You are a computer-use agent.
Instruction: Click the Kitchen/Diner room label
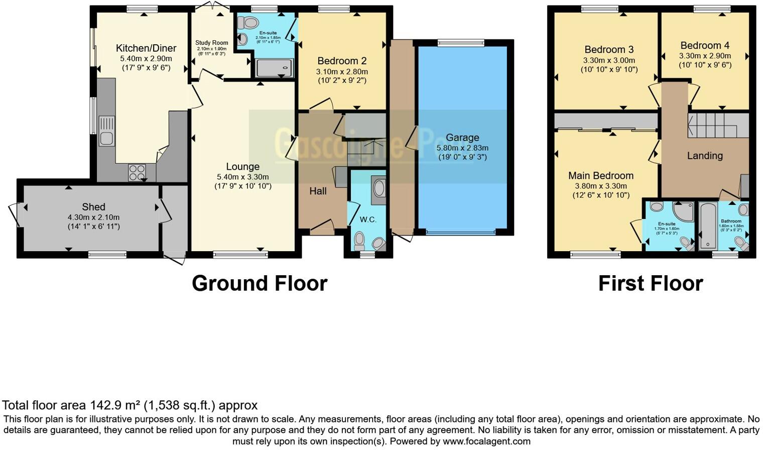tap(146, 48)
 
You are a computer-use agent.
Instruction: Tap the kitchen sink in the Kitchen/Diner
tap(107, 131)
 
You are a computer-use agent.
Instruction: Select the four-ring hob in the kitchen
tap(137, 172)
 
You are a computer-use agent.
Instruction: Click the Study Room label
tap(212, 43)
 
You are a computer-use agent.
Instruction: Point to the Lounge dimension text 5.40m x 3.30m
tap(242, 177)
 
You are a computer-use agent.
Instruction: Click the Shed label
tap(93, 207)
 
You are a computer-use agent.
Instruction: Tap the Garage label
tap(462, 138)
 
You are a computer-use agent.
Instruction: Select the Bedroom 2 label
tap(342, 61)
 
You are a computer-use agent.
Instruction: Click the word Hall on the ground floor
tap(318, 191)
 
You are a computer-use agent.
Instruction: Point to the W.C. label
tap(368, 220)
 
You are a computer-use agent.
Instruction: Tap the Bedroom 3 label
tap(609, 50)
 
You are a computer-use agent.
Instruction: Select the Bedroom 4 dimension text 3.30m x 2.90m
tap(705, 56)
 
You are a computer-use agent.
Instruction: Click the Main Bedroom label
tap(601, 176)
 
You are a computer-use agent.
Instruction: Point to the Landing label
tap(705, 156)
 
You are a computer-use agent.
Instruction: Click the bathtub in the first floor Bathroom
tap(707, 227)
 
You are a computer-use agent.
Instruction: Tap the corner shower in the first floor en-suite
tap(684, 211)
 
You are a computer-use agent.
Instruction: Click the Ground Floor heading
tap(260, 284)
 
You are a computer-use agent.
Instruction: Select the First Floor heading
tap(650, 284)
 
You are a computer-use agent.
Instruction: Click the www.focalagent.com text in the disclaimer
tap(486, 441)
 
